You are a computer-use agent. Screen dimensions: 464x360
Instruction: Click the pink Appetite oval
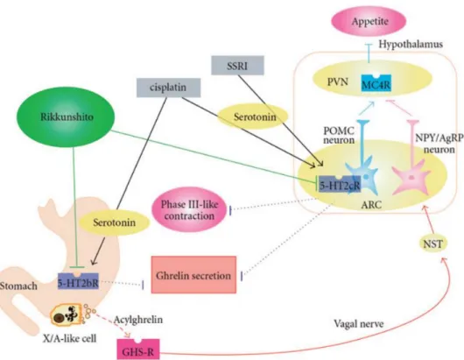(369, 21)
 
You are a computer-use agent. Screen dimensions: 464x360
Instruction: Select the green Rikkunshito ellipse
(67, 116)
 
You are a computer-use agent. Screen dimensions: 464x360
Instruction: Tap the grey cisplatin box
(168, 88)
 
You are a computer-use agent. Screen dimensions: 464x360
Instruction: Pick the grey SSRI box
(237, 65)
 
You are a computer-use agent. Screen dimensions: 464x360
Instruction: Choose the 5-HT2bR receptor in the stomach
(78, 281)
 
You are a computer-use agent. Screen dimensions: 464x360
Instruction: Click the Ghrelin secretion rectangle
(193, 275)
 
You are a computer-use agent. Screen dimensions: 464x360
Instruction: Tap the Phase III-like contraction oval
(189, 209)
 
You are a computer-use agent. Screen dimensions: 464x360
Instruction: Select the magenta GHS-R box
(138, 349)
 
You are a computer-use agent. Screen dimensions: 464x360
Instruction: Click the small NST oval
(433, 244)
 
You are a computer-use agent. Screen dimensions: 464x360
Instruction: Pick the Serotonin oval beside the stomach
(114, 222)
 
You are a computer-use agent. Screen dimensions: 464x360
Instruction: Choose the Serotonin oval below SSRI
(253, 116)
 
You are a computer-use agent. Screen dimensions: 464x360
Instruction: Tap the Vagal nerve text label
(359, 323)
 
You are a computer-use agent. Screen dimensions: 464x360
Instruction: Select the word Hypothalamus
(411, 45)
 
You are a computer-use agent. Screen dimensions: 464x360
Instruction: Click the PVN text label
(338, 82)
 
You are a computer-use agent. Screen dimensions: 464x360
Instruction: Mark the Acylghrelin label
(138, 320)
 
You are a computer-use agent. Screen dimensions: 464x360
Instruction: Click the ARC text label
(371, 205)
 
